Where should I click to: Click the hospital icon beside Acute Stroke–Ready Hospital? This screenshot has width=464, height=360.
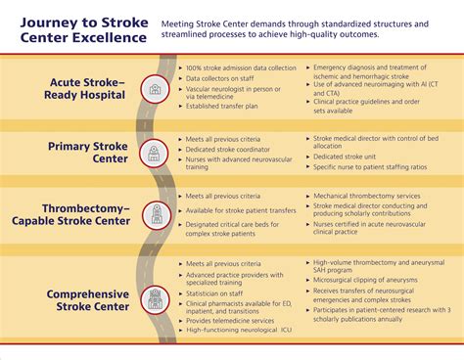[x=155, y=89]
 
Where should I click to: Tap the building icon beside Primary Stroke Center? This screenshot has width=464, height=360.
[x=155, y=153]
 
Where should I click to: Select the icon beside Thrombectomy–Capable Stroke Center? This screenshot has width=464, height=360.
[x=155, y=215]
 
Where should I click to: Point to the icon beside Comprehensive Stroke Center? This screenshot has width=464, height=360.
[x=155, y=298]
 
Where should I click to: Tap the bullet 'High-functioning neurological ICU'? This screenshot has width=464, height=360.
[x=239, y=331]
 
